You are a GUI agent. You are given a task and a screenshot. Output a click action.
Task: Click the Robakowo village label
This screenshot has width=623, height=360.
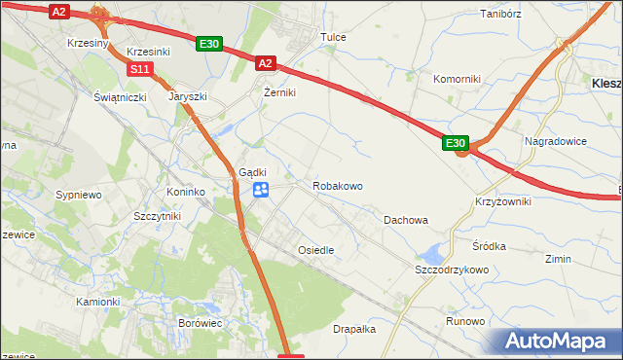point(338,185)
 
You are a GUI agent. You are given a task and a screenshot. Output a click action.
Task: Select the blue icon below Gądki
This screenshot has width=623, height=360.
point(261,190)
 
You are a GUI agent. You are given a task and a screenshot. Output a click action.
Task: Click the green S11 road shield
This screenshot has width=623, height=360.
point(140,68)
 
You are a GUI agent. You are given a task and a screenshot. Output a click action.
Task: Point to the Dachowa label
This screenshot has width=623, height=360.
point(406,220)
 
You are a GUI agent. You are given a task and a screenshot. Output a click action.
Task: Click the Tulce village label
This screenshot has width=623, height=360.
point(334,37)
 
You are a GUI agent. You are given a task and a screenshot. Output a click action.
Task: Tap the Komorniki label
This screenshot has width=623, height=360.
point(457,78)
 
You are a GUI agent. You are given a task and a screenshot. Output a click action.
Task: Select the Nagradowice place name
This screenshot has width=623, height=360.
point(556,141)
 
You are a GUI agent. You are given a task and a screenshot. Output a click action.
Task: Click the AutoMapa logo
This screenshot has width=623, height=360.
point(559,342)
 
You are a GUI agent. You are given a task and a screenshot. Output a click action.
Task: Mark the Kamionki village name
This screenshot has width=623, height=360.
point(97,302)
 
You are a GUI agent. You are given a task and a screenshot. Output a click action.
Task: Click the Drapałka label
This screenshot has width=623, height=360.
point(354,329)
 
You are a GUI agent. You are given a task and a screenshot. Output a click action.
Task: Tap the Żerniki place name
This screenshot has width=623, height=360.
point(279,92)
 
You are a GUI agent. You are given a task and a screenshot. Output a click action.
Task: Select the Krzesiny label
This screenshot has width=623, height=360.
point(88,45)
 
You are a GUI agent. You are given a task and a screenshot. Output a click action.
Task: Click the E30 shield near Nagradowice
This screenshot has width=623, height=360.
point(457,143)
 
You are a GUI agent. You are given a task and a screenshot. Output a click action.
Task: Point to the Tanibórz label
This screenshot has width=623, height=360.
point(502,15)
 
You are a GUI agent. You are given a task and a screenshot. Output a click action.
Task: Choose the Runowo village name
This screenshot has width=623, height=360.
point(464,321)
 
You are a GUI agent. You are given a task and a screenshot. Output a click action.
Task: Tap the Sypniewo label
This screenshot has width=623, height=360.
point(79,195)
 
